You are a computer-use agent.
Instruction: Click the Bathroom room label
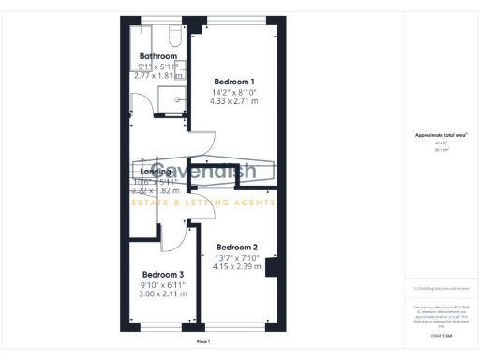tap(157, 56)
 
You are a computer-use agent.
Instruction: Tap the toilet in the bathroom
tap(172, 35)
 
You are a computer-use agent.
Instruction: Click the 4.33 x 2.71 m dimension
tap(233, 102)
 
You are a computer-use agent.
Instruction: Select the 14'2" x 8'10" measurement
tap(232, 92)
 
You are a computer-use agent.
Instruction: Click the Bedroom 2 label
tap(236, 247)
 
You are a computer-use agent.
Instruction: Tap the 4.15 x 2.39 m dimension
tap(236, 267)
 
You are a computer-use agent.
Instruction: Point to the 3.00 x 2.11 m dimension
tap(157, 293)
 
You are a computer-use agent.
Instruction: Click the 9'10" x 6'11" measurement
tap(157, 283)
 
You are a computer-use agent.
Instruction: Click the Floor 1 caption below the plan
tap(203, 342)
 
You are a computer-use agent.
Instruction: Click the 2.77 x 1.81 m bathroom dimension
tap(157, 76)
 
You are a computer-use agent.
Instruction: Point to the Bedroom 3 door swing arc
tap(174, 238)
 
